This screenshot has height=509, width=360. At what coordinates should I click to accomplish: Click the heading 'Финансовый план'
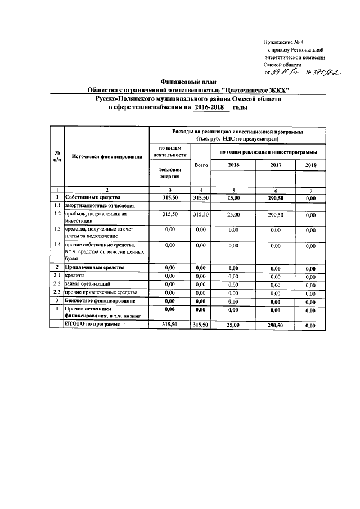pyautogui.click(x=181, y=82)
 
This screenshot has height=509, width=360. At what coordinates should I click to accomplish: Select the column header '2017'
pyautogui.click(x=275, y=165)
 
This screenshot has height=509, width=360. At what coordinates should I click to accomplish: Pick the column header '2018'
pyautogui.click(x=311, y=165)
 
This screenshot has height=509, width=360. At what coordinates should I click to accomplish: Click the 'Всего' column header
pyautogui.click(x=201, y=165)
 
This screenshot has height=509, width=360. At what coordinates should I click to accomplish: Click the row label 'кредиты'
pyautogui.click(x=75, y=276)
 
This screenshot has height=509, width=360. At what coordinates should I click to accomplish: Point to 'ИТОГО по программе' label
pyautogui.click(x=92, y=325)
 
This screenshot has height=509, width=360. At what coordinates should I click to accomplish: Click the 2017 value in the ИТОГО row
pyautogui.click(x=275, y=325)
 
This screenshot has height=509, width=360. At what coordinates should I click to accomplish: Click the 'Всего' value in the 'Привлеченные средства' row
pyautogui.click(x=201, y=268)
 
